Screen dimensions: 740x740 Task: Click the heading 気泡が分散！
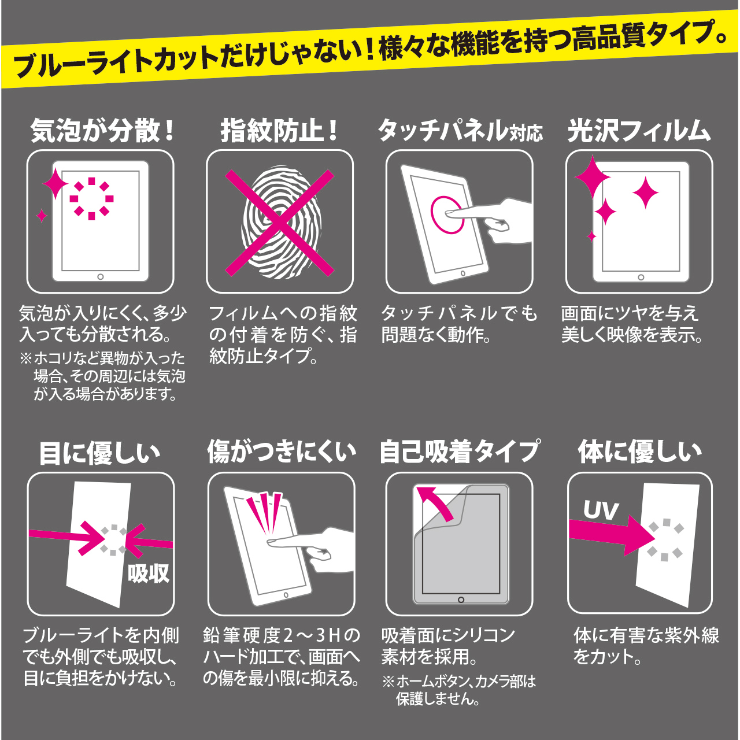pyautogui.click(x=102, y=131)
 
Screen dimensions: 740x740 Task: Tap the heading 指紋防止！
pyautogui.click(x=279, y=131)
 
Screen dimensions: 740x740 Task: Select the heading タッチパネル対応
pyautogui.click(x=460, y=131)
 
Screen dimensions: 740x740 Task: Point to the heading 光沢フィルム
pyautogui.click(x=639, y=131)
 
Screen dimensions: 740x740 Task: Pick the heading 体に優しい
pyautogui.click(x=640, y=452)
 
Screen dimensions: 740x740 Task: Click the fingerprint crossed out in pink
pyautogui.click(x=280, y=223)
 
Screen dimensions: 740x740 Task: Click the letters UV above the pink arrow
pyautogui.click(x=601, y=510)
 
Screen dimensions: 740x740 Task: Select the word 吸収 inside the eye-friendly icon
pyautogui.click(x=149, y=573)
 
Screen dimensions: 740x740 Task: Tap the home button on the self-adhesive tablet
pyautogui.click(x=461, y=600)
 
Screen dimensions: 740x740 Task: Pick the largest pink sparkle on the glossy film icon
pyautogui.click(x=593, y=177)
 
